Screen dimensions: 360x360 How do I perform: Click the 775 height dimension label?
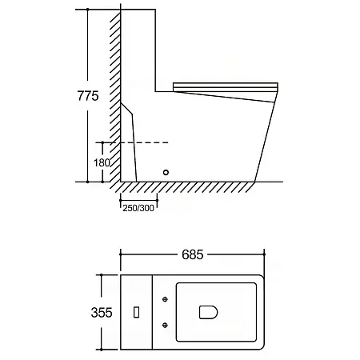pos(88,96)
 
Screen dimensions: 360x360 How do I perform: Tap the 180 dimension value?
pos(102,162)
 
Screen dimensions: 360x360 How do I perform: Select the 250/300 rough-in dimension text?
pos(138,208)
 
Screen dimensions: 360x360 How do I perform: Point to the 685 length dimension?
pos(193,254)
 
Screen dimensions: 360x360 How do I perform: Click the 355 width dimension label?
pos(102,313)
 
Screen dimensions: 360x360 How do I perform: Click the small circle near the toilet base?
pos(166,172)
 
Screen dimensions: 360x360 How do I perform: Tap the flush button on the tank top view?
pos(136,312)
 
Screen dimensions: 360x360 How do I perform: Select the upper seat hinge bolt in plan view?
pos(165,299)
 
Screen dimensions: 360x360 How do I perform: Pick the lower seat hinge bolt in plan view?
pos(165,325)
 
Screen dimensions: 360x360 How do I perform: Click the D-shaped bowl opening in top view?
pos(208,312)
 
